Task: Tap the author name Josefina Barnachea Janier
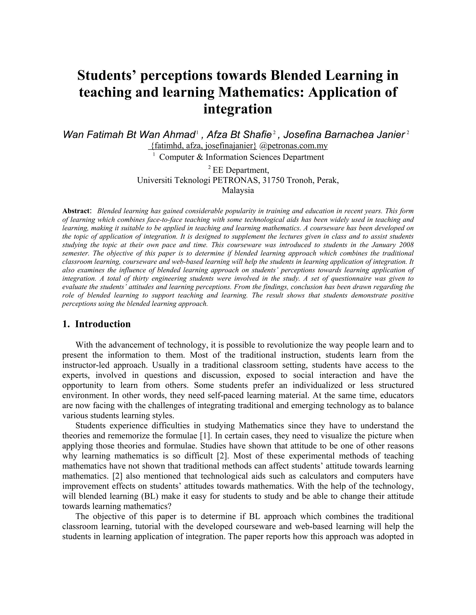point(344,135)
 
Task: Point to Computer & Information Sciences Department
point(241,157)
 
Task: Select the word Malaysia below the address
point(238,190)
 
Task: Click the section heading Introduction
point(103,324)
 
